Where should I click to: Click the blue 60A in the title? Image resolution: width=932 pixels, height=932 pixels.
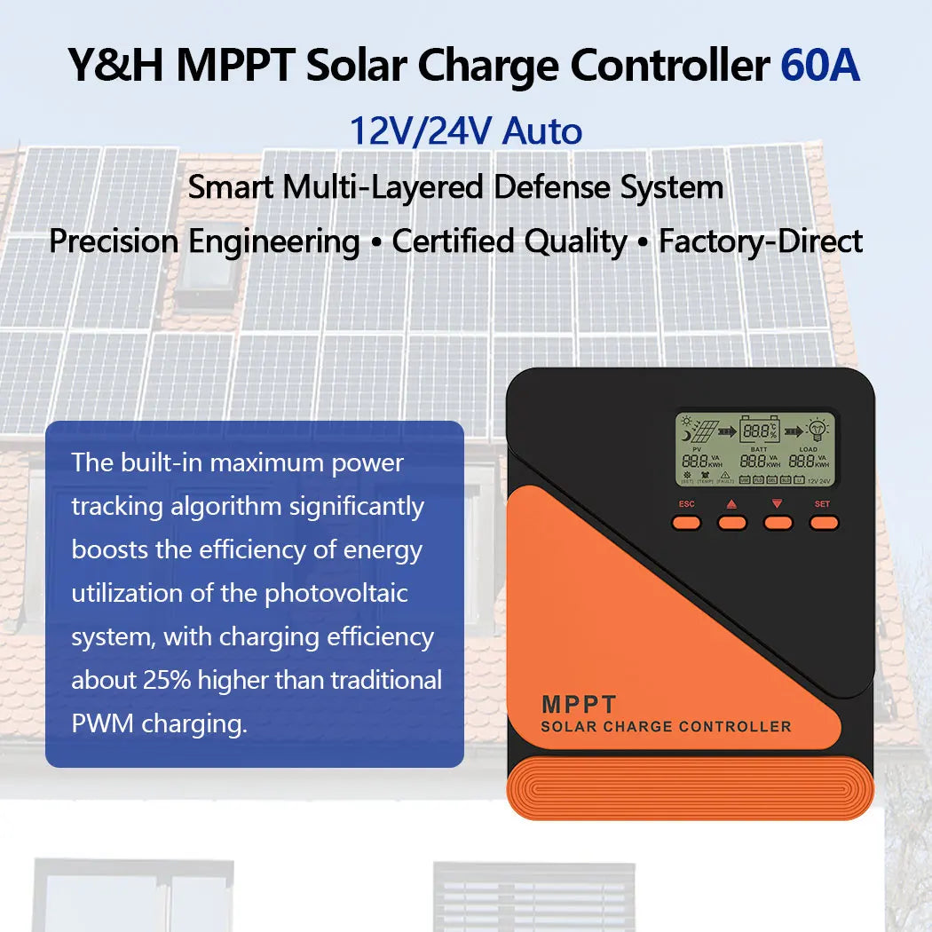pos(819,67)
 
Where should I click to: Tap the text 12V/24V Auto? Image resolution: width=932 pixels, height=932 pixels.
pos(465,131)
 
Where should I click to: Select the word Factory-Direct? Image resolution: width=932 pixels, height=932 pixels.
pos(761,241)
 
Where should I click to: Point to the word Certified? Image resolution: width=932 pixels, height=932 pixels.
pos(454,241)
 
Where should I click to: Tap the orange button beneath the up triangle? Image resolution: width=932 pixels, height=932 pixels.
pos(732,523)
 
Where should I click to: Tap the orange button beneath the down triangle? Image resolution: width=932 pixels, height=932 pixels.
pos(778,523)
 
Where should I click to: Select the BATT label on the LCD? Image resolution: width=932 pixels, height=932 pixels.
pos(759,450)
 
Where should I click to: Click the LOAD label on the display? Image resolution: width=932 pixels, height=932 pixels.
pos(808,450)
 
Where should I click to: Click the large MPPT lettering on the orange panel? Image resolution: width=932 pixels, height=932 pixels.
pos(578,705)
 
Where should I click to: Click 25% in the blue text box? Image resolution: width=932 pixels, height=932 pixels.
pos(166,680)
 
